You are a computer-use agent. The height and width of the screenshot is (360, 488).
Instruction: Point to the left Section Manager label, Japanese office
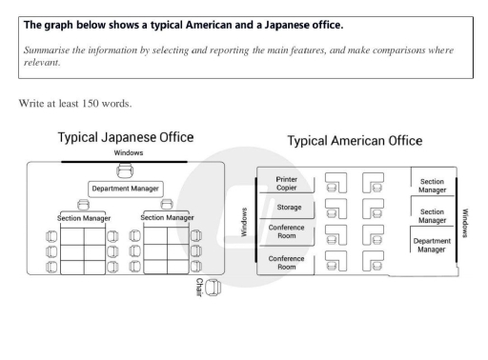pos(82,218)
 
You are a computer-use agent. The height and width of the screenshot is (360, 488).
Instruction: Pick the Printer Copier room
pos(289,182)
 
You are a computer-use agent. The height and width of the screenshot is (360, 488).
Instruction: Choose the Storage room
pos(289,207)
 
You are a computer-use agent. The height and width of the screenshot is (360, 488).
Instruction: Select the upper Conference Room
pos(289,231)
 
